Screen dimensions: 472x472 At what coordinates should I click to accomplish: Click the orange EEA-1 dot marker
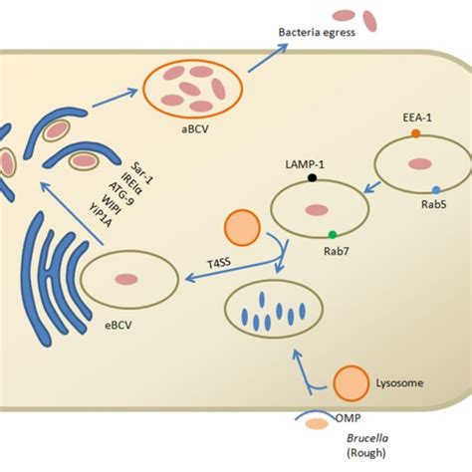pyautogui.click(x=415, y=133)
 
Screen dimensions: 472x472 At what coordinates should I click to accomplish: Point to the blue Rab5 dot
pyautogui.click(x=435, y=188)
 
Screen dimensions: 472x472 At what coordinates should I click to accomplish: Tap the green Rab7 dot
pyautogui.click(x=332, y=234)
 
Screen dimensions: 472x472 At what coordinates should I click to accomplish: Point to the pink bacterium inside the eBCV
pyautogui.click(x=125, y=283)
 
